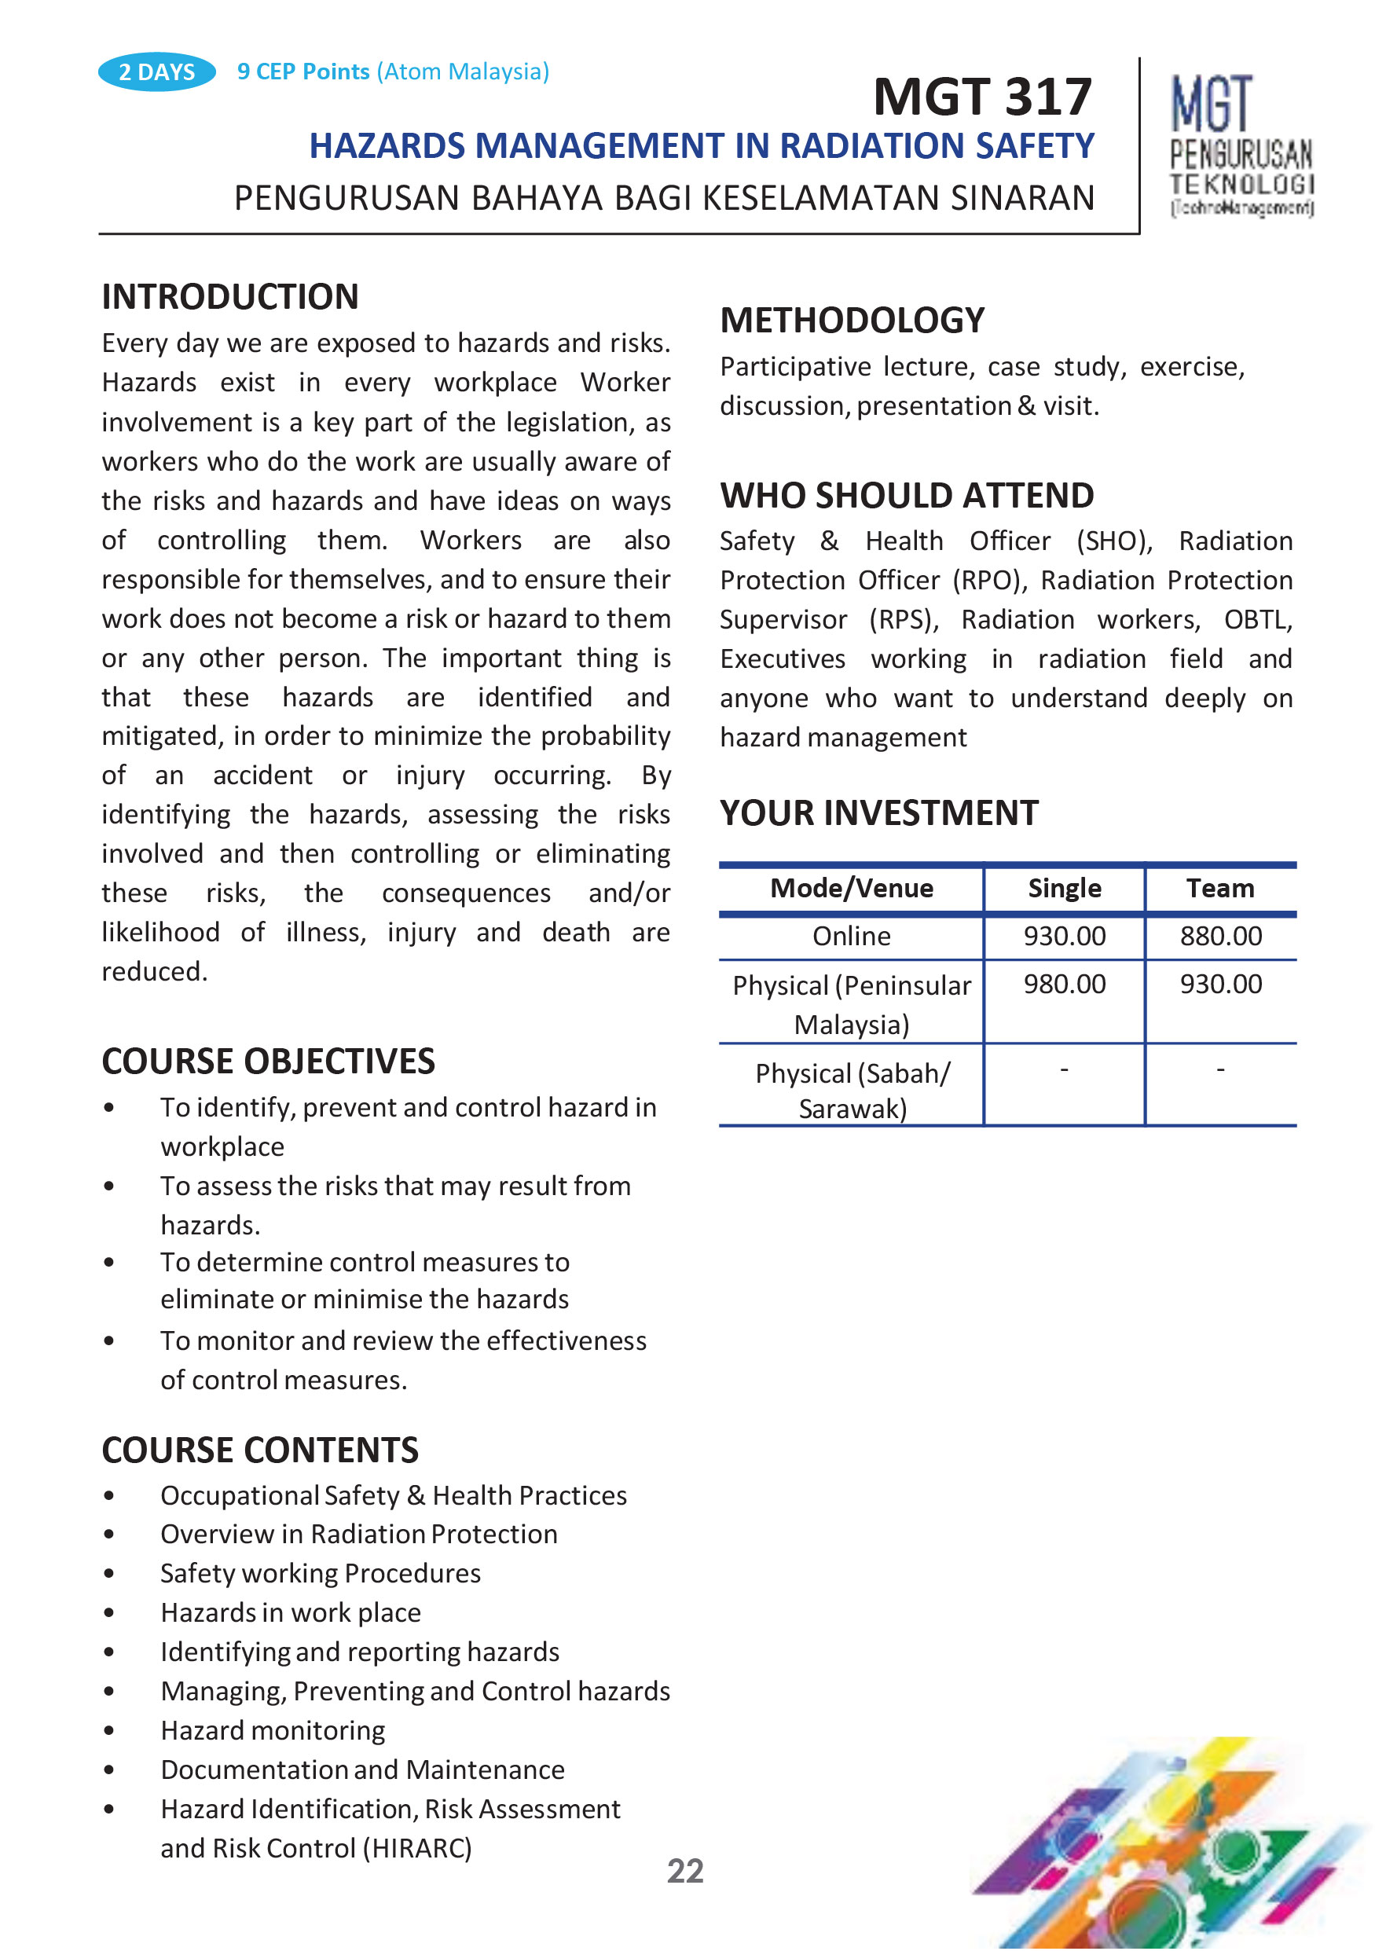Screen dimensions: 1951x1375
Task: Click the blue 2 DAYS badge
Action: (156, 72)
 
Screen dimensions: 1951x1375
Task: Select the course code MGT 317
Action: (981, 97)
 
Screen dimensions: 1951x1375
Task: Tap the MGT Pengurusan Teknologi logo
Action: (1241, 145)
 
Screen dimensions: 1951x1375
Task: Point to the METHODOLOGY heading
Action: (852, 321)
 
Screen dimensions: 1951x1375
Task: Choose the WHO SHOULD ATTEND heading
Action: (907, 495)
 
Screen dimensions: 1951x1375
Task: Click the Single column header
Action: (1064, 888)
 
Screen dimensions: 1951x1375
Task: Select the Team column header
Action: (1219, 888)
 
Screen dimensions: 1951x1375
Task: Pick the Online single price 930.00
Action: (1064, 936)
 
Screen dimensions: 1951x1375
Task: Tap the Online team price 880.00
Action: (1220, 936)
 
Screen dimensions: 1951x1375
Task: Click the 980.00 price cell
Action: (1064, 984)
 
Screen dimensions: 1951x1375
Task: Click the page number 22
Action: (685, 1871)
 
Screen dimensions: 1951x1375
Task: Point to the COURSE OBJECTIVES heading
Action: (269, 1062)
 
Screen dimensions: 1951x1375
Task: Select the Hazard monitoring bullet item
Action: (273, 1730)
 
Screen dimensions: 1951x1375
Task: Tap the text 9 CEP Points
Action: (303, 72)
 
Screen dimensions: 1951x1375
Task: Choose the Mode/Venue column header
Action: (852, 888)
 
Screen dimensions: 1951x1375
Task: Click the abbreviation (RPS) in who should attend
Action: (904, 619)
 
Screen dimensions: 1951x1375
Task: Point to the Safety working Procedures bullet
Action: (321, 1573)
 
